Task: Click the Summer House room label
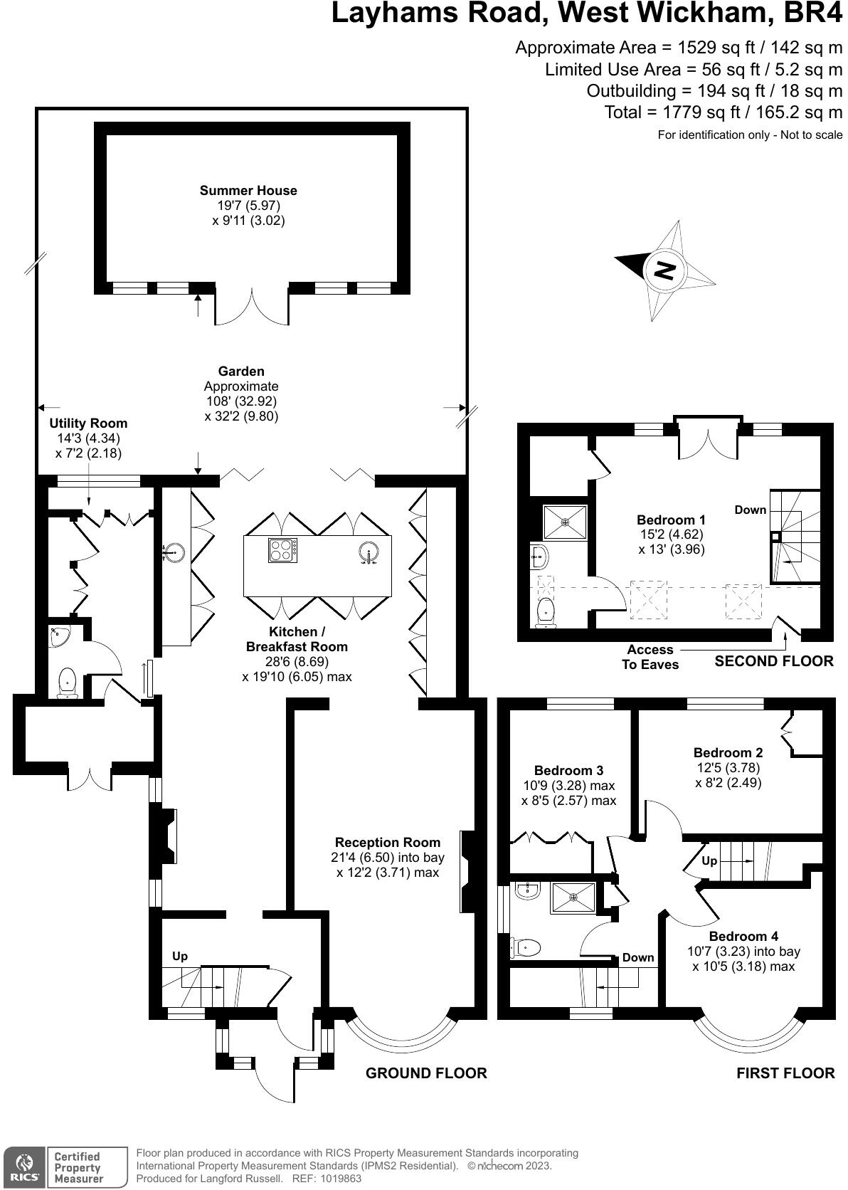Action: [x=248, y=190]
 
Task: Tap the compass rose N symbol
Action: [x=664, y=270]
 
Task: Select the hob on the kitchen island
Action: [x=282, y=551]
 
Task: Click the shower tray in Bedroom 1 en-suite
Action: [x=565, y=522]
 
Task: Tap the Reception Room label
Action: [x=388, y=842]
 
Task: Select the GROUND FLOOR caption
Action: [x=426, y=1073]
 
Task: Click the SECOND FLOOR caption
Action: [x=773, y=660]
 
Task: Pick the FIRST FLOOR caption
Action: [x=785, y=1073]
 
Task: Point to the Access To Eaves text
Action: [x=650, y=657]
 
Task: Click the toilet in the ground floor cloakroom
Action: [x=67, y=682]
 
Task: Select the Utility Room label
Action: [x=88, y=423]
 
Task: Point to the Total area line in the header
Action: [x=723, y=112]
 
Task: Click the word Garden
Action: [x=241, y=371]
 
